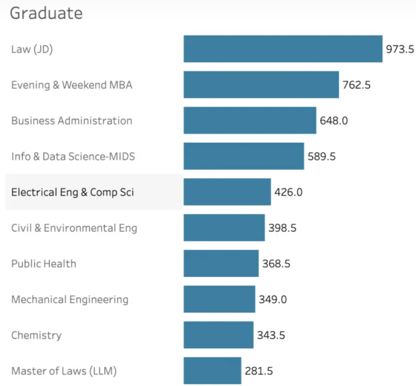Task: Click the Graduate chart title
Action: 46,13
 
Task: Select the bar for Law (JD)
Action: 283,49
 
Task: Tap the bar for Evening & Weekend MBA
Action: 261,85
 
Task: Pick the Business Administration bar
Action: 250,121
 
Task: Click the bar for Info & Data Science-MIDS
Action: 244,156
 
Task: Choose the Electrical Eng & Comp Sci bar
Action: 227,192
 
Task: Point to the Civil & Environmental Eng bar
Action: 224,228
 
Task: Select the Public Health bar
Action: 221,263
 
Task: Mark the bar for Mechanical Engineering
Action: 219,299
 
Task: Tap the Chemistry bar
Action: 218,335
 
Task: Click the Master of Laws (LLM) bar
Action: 212,371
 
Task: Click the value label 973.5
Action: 400,49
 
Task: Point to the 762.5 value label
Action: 356,85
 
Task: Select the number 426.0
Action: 288,192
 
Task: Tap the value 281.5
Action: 259,371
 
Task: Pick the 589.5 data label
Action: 322,156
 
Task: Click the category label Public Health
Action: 44,263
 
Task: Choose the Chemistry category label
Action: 36,335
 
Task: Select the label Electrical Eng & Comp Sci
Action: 73,192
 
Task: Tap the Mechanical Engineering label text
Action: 70,299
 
